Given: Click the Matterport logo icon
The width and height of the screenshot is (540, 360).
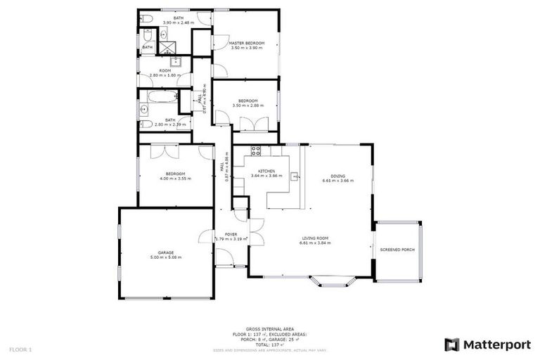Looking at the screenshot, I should (452, 345).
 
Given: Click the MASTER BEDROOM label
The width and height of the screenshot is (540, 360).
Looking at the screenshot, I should (247, 44).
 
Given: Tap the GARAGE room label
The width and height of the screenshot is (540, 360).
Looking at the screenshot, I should (166, 252).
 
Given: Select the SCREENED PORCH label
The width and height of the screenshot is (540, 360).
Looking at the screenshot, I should (397, 250).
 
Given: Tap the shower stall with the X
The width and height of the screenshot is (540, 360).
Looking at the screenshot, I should (167, 48).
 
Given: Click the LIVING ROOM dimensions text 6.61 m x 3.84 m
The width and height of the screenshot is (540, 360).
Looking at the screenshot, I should (314, 243).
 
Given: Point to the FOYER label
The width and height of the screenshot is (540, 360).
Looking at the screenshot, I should (231, 234).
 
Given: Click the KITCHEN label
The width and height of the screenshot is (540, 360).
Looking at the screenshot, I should (266, 171).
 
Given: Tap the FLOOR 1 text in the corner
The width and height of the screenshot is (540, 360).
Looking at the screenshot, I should (20, 349).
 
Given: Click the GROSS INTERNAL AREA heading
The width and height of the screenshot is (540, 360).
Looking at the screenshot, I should (270, 329).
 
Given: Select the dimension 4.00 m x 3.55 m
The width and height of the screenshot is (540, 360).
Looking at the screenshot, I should (175, 179).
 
